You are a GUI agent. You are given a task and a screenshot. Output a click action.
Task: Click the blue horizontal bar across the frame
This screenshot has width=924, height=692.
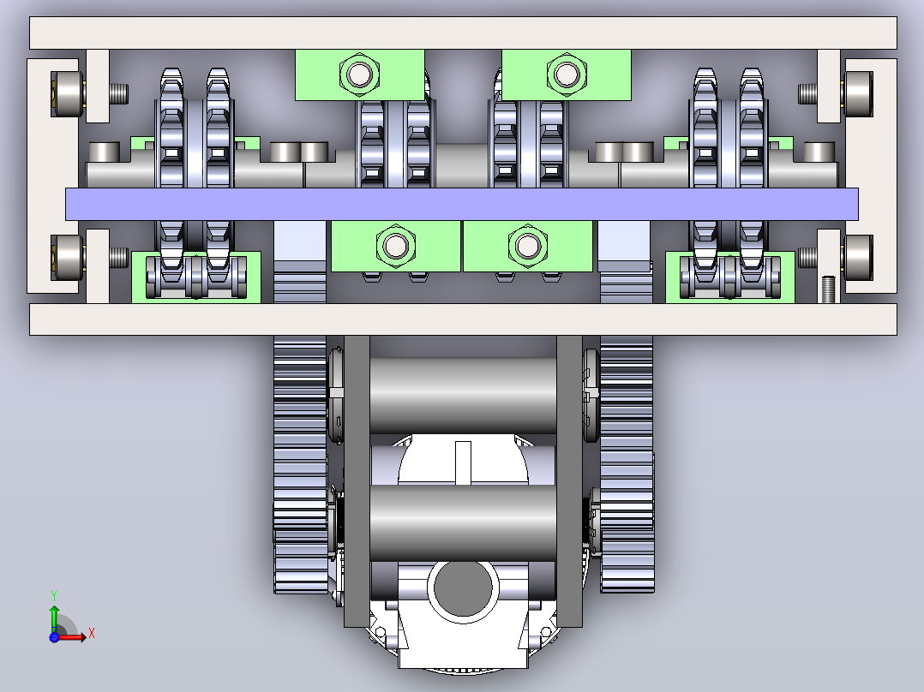point(461,205)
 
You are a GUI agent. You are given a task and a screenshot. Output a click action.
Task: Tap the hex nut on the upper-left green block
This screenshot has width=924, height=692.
point(359,75)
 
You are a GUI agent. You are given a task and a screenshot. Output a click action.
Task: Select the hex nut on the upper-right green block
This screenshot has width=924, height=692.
point(567,75)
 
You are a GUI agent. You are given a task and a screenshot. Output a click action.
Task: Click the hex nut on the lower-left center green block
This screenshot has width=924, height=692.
point(395,246)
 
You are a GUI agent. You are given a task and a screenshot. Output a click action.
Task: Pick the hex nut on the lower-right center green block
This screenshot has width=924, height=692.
point(527,246)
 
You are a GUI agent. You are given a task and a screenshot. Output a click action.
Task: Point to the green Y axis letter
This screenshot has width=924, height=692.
point(54,596)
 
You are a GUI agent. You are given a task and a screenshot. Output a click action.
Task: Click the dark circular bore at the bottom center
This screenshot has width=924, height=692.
point(463,588)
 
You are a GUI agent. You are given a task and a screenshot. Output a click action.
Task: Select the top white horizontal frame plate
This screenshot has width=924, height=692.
point(463,33)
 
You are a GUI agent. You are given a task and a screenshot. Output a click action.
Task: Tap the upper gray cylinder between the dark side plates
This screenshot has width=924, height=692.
point(463,396)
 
